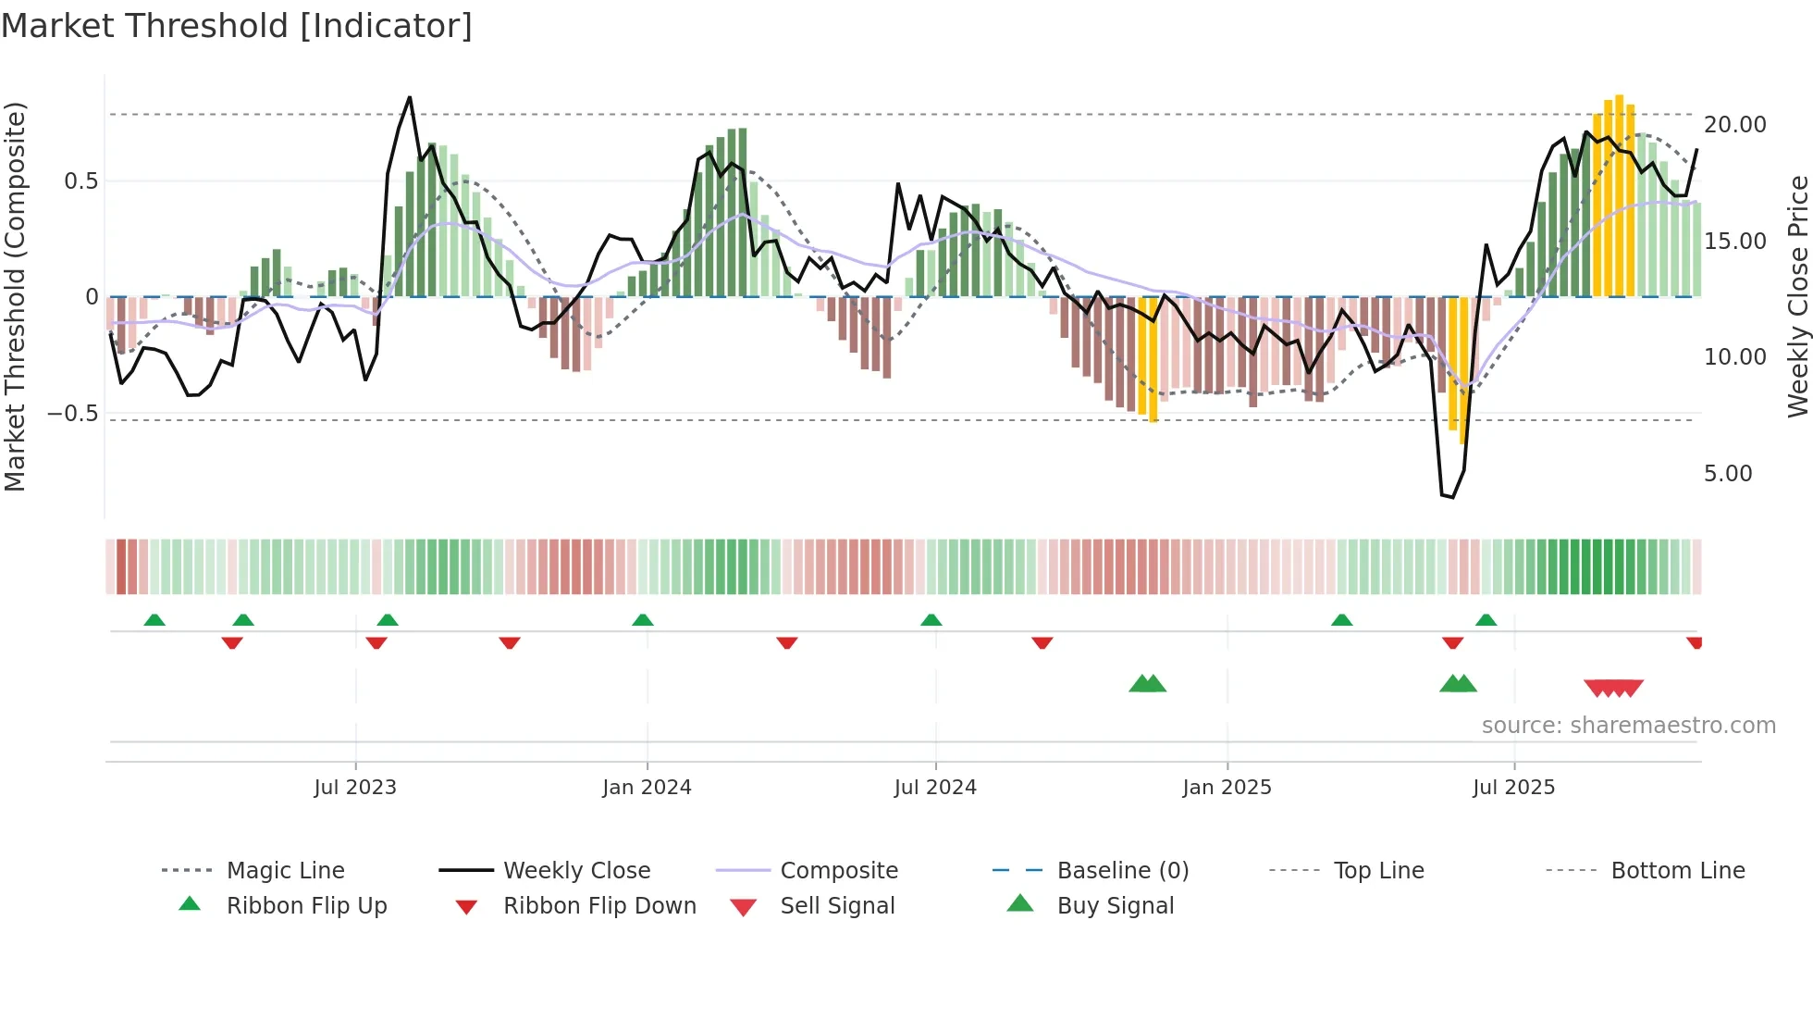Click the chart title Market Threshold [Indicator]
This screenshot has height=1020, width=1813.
click(x=237, y=26)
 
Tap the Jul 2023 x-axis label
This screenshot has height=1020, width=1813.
click(x=355, y=788)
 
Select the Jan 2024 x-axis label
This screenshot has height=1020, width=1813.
click(x=647, y=788)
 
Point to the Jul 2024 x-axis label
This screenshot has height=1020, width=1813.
click(x=935, y=788)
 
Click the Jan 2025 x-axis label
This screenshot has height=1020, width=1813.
click(x=1227, y=788)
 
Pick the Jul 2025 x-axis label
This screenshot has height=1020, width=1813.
click(x=1514, y=788)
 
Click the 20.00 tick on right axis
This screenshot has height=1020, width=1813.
click(x=1734, y=125)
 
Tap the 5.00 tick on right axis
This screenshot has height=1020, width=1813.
click(x=1728, y=474)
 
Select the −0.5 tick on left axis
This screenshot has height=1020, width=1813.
click(x=72, y=414)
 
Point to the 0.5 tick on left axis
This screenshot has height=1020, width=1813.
click(x=80, y=181)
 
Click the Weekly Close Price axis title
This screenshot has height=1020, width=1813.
click(x=1797, y=296)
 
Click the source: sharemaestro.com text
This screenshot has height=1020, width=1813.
click(x=1628, y=726)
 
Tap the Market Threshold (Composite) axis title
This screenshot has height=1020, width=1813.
click(x=15, y=296)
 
